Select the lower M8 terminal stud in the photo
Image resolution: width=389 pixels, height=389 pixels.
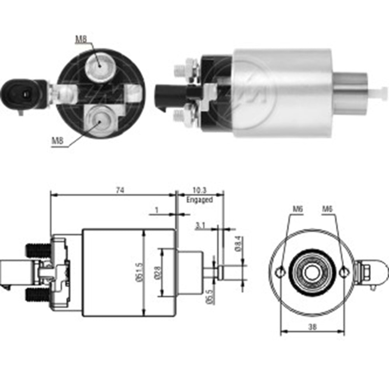point(99,121)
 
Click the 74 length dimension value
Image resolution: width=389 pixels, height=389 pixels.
point(120,190)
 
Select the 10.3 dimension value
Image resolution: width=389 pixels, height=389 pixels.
point(199,190)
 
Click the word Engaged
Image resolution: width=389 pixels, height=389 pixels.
point(200,200)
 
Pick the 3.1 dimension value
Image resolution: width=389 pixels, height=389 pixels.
point(200,225)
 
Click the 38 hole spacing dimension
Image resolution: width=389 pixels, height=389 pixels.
point(312,327)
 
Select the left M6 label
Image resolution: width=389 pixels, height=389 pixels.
point(298,209)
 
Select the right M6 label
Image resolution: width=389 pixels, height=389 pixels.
point(327,209)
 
